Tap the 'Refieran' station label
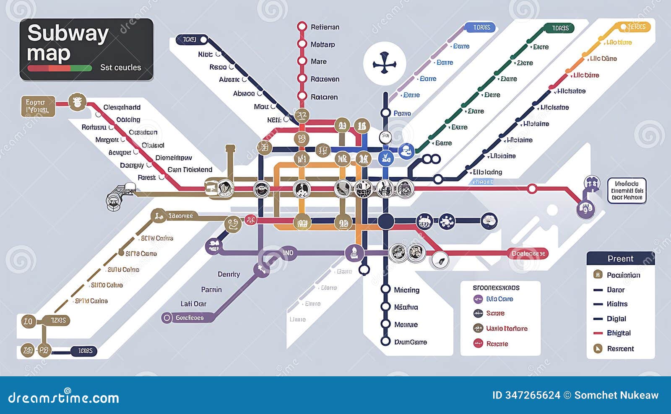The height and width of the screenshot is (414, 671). click(x=325, y=27)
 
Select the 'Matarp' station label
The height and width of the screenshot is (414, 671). click(x=322, y=44)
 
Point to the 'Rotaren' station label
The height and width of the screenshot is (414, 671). click(x=324, y=97)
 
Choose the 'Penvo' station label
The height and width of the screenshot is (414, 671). click(x=402, y=113)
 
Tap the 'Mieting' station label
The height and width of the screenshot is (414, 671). click(x=406, y=290)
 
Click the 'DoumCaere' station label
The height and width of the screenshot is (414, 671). click(x=410, y=342)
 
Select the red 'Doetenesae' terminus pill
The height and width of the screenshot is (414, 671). click(x=528, y=254)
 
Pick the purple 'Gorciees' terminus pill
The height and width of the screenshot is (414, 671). click(x=189, y=318)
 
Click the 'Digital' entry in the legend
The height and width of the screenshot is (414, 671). click(x=616, y=319)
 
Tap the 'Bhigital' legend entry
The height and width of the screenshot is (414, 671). click(x=619, y=333)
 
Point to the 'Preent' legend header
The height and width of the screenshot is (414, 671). click(x=620, y=259)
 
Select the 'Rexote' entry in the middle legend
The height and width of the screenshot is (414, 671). click(x=497, y=344)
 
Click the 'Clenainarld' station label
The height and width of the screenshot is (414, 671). click(x=122, y=108)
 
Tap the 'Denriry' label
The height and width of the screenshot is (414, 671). click(x=229, y=274)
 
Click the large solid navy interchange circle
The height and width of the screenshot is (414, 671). click(x=385, y=221)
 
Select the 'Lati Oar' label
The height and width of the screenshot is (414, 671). click(x=193, y=304)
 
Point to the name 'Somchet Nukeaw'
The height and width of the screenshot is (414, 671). click(x=616, y=395)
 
